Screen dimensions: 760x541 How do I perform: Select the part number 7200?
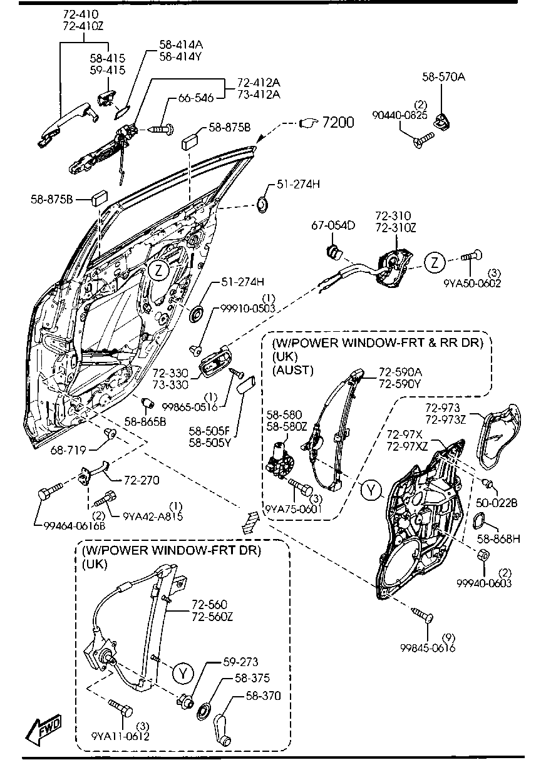[337, 122]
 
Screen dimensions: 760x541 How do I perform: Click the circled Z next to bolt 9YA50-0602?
[435, 262]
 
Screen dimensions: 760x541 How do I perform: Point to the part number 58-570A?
[443, 76]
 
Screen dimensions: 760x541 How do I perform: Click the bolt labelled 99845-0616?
[422, 615]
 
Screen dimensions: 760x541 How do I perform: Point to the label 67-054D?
[333, 225]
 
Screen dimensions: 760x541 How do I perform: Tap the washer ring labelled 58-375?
[204, 709]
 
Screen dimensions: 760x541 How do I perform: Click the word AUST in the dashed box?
[292, 370]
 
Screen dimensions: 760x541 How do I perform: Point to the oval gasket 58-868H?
[479, 520]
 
